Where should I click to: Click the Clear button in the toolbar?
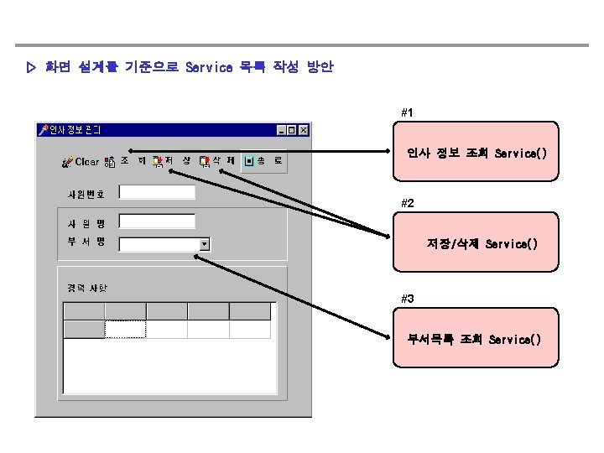81,161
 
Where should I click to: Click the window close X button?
304,130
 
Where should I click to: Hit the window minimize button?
282,130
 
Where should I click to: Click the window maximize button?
293,130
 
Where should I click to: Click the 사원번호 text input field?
157,192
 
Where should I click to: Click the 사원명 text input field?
157,221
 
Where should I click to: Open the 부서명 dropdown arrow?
205,245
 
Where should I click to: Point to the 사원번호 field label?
86,194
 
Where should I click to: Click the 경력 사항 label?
88,288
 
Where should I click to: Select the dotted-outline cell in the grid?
125,329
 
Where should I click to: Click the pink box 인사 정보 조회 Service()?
476,154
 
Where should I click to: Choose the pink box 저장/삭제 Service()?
476,244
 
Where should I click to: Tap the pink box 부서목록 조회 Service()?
476,339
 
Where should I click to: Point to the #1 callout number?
407,112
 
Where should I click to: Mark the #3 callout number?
407,299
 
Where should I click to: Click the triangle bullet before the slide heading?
32,67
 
